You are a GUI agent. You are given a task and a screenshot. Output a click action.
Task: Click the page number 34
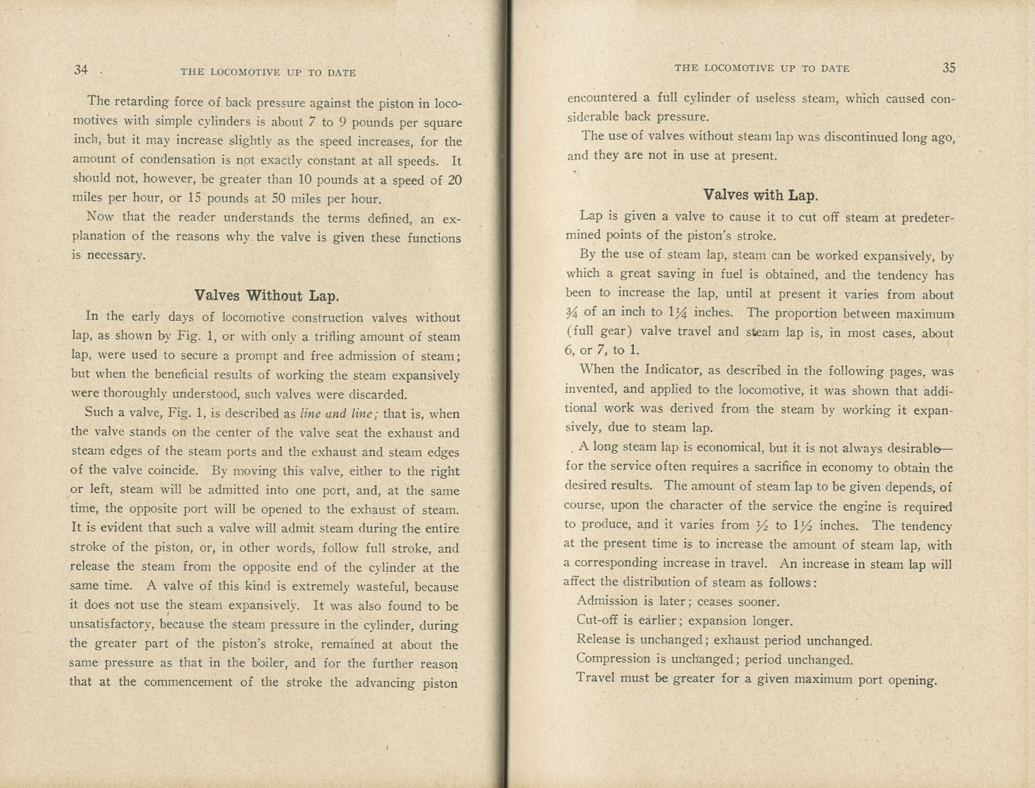pyautogui.click(x=81, y=70)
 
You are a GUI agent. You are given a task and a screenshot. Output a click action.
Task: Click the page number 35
pyautogui.click(x=948, y=68)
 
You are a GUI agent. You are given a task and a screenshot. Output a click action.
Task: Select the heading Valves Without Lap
pyautogui.click(x=267, y=296)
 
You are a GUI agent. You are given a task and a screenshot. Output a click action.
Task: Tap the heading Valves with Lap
pyautogui.click(x=760, y=195)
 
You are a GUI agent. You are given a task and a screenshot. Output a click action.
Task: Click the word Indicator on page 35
pyautogui.click(x=670, y=370)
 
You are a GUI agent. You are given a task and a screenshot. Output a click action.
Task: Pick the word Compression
pyautogui.click(x=613, y=658)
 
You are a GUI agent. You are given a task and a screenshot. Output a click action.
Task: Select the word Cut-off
pyautogui.click(x=595, y=620)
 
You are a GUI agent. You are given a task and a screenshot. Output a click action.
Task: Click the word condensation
pyautogui.click(x=157, y=160)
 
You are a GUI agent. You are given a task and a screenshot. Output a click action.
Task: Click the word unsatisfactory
pyautogui.click(x=111, y=625)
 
